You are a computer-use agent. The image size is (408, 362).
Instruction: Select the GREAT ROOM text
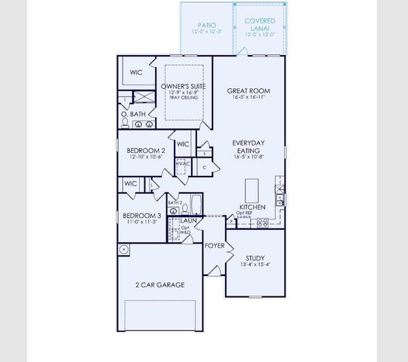tap(249, 91)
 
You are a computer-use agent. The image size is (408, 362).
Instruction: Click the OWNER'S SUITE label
tap(184, 87)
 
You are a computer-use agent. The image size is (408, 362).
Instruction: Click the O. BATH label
tap(138, 114)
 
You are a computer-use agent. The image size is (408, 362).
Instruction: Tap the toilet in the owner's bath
tap(125, 123)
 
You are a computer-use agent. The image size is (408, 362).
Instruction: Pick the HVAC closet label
tap(182, 164)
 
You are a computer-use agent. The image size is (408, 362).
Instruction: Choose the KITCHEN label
tap(252, 207)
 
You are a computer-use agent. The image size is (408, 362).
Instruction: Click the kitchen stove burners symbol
tap(264, 223)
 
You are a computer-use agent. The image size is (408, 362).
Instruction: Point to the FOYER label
tap(215, 246)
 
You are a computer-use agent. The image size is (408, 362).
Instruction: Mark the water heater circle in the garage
tap(123, 249)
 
